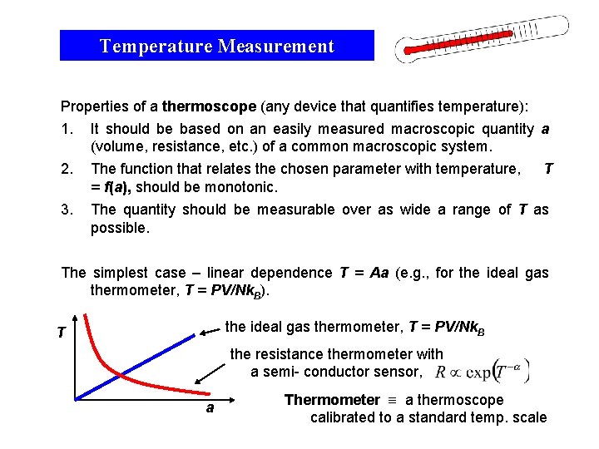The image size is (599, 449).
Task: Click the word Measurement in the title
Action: tap(275, 47)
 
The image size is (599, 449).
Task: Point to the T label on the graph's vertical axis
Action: tap(62, 333)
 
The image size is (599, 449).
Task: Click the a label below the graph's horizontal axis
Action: tap(210, 407)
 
